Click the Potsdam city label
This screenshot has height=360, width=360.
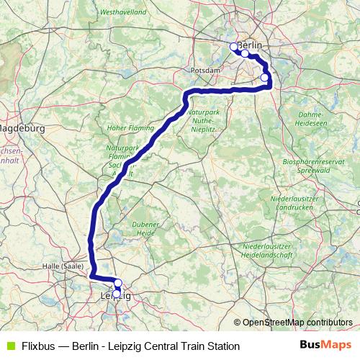199,71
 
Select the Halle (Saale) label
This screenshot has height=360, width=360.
61,266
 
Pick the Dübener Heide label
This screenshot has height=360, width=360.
145,228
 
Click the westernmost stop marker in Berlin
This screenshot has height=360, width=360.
233,47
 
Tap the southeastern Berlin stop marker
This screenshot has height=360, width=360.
264,78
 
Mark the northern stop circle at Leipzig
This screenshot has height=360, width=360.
118,283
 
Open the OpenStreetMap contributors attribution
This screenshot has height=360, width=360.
297,323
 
